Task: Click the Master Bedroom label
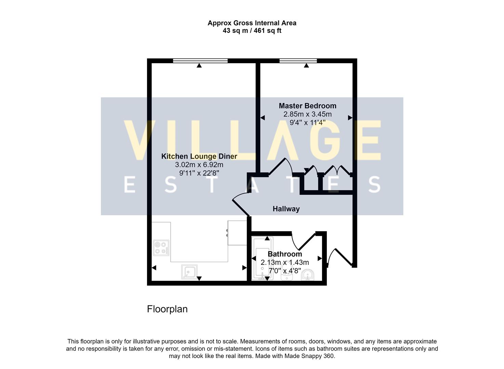point(307,106)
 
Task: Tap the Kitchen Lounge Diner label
point(199,156)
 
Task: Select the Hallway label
point(286,209)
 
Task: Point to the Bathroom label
point(284,254)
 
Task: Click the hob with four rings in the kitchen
point(161,248)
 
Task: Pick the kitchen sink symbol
point(189,272)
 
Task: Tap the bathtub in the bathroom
point(263,259)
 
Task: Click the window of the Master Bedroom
point(298,61)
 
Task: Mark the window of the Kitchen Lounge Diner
point(200,61)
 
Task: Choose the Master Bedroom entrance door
point(278,167)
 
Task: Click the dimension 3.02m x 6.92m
point(199,165)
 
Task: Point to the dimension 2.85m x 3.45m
point(307,114)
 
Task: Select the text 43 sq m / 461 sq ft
point(252,31)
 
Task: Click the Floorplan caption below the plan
point(167,309)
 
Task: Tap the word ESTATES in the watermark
point(252,185)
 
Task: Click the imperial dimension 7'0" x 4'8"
point(284,271)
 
